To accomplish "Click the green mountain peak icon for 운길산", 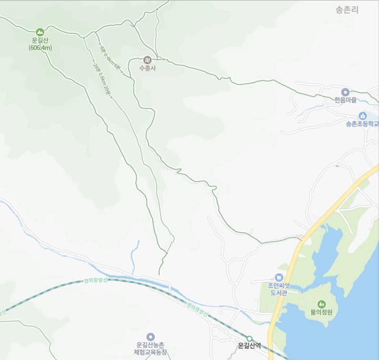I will click(x=40, y=32).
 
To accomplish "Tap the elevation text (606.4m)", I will click(x=40, y=48).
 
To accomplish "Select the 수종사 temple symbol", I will click(x=147, y=59).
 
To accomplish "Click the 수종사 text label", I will click(x=147, y=68).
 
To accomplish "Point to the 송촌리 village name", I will click(x=347, y=9).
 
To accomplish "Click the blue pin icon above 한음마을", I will click(x=345, y=92).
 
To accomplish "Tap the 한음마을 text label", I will click(x=345, y=100).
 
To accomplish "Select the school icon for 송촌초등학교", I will click(x=362, y=116).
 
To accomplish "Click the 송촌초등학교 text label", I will click(x=362, y=125).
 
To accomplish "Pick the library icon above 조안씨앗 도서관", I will click(x=279, y=277).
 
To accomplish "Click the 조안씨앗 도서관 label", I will click(x=277, y=289).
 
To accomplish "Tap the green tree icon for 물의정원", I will click(x=322, y=304).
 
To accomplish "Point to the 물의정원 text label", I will click(x=322, y=312).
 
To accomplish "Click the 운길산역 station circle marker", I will click(x=250, y=338).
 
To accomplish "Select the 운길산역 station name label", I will click(x=250, y=346).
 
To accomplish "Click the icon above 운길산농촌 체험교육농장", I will click(x=151, y=336).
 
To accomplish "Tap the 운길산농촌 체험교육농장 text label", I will click(x=151, y=348).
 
